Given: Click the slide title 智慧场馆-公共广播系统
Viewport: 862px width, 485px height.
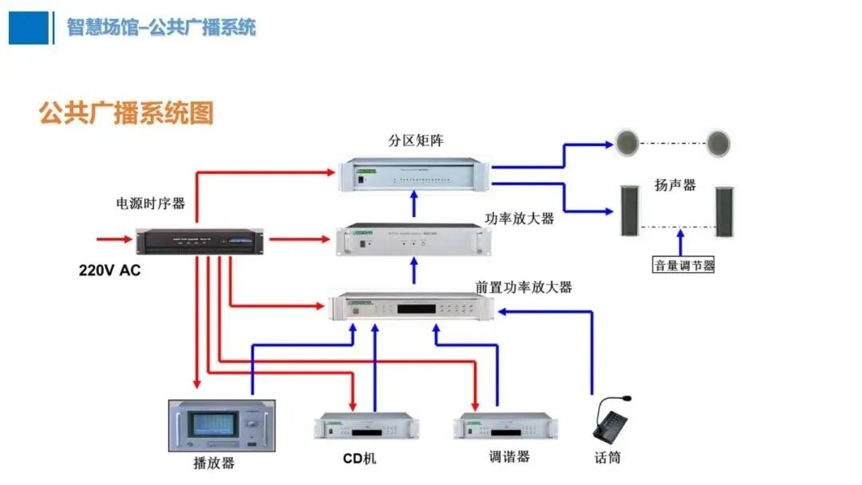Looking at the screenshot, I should coord(161,27).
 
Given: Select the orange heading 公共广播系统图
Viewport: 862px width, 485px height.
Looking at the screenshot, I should coord(127,113).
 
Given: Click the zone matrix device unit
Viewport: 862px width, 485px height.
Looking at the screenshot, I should coord(413,176).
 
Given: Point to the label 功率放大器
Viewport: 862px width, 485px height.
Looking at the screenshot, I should coord(519,218).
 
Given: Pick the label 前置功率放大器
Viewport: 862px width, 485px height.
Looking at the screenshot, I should coord(524,287).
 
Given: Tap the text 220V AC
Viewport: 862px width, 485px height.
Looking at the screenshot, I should coord(109,270).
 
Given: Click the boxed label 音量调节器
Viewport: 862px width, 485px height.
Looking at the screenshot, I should coord(684,265).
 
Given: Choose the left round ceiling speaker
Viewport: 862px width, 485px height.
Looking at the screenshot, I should coord(628,144).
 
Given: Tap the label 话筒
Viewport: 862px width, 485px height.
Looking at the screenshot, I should coord(608,458).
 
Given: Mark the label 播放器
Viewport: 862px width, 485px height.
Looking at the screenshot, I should coord(214,463).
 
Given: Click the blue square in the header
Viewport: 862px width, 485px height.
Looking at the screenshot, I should coord(28,27).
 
